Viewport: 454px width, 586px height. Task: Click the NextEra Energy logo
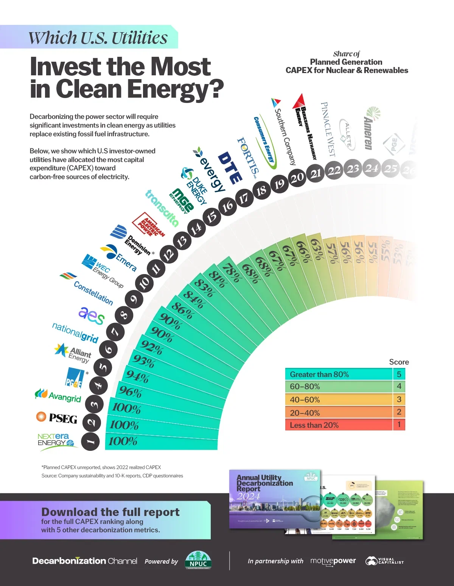[x=57, y=441]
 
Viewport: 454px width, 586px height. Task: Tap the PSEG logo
[x=57, y=418]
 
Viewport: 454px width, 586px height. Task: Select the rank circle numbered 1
[x=90, y=441]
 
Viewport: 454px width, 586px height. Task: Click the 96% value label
[x=130, y=392]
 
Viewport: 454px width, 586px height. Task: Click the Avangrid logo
[x=58, y=396]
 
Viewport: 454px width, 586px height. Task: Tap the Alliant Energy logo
[x=73, y=352]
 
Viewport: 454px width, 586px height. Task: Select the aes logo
[x=91, y=315]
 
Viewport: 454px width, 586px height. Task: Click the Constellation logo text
[x=93, y=293]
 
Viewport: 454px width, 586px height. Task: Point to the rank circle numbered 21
[x=316, y=173]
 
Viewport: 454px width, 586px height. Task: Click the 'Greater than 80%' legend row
[x=339, y=374]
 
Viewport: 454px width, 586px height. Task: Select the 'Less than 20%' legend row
[x=339, y=425]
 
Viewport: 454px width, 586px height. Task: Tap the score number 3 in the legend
[x=399, y=399]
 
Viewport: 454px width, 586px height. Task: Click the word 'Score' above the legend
[x=399, y=362]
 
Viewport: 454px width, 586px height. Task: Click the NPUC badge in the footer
[x=198, y=561]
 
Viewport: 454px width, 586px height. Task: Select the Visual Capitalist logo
[x=384, y=561]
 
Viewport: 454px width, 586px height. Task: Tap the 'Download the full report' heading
[x=110, y=512]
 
